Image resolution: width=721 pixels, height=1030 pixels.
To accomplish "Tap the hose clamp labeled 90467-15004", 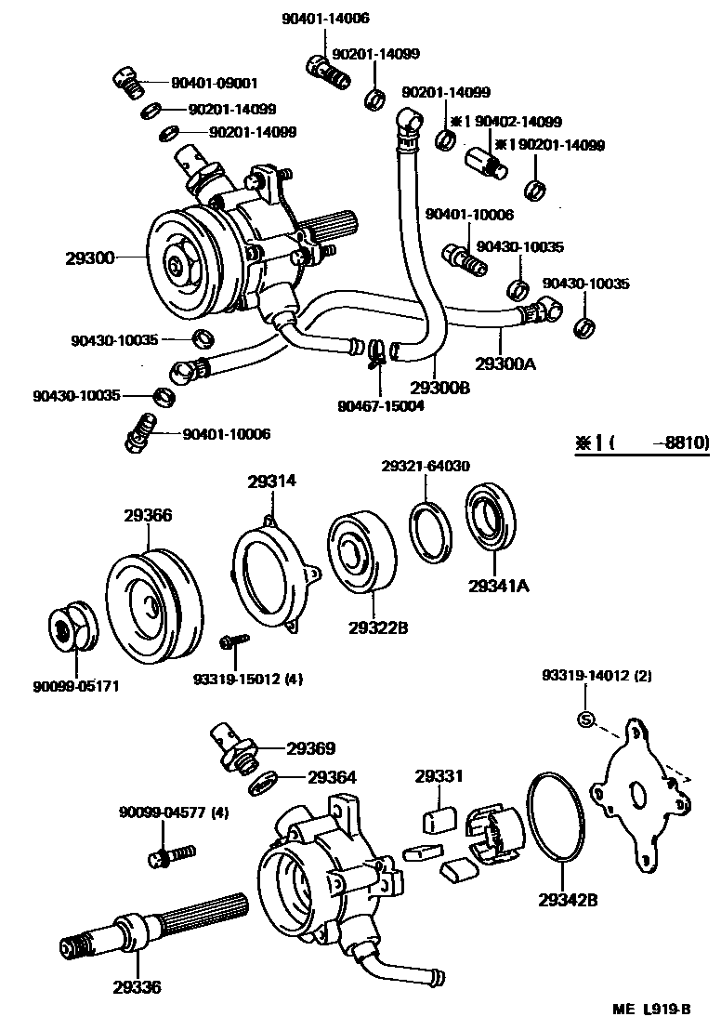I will (376, 352).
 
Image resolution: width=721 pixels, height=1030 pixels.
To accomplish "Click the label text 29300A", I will (505, 363).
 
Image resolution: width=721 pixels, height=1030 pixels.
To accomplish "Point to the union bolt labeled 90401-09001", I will (127, 82).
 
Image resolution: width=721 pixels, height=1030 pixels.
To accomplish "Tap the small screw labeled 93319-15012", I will (232, 641).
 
